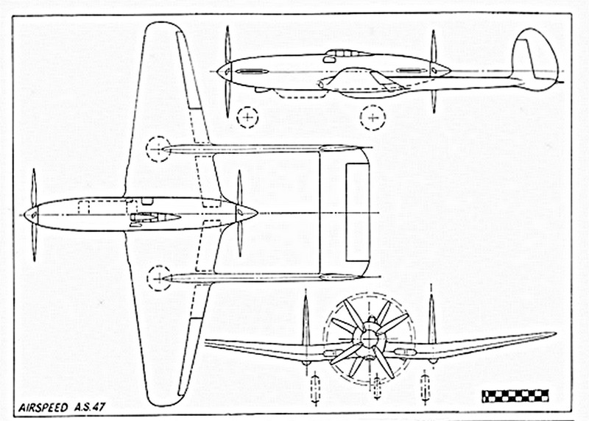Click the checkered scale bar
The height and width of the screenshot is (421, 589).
tap(515, 395)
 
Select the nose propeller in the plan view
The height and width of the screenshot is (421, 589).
tap(34, 213)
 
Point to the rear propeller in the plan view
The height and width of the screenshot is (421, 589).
tap(239, 213)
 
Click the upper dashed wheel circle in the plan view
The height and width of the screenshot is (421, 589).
tap(158, 149)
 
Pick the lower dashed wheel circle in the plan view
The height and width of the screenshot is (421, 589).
tap(158, 277)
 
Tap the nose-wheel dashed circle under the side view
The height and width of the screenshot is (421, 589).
tap(249, 116)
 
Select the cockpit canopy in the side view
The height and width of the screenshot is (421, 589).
tap(345, 53)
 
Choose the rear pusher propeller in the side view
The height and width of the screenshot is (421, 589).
tap(434, 71)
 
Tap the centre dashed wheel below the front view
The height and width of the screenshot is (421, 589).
tap(376, 387)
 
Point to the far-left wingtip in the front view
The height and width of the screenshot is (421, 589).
tap(208, 342)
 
